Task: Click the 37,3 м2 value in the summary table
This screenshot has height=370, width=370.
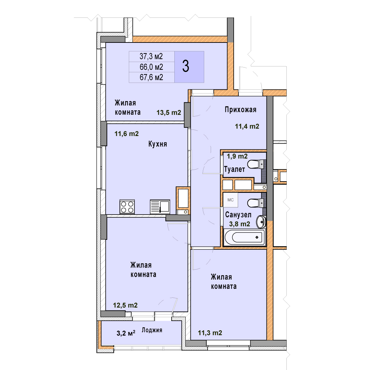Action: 151,57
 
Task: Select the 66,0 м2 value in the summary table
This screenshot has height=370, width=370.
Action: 151,67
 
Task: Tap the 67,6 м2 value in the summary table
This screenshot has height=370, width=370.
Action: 151,77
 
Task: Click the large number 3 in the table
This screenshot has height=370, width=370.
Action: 186,66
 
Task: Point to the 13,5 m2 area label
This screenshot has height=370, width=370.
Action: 169,113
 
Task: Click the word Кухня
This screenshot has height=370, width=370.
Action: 158,144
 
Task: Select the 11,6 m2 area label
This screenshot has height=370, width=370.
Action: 126,134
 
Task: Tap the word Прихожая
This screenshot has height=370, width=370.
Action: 241,110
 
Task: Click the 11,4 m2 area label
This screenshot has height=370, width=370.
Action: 247,126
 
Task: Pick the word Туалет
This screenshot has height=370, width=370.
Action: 234,169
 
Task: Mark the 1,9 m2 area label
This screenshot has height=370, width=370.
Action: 237,156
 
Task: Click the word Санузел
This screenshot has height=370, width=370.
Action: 238,215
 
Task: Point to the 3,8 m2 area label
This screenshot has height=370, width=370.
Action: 239,224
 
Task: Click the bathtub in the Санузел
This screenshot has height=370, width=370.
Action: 245,237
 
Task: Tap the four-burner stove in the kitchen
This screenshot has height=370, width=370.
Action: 127,207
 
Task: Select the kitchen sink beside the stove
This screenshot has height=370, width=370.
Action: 160,207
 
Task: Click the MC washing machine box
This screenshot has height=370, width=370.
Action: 231,200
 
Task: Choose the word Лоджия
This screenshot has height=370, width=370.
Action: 152,330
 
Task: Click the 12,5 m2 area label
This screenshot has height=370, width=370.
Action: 125,305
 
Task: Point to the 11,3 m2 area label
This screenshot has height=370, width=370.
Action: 210,333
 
